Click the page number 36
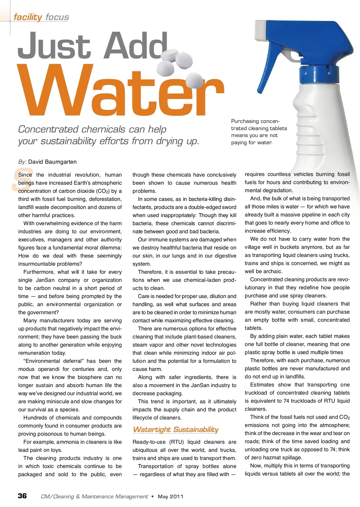coord(22,496)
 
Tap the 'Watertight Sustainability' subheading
coord(175,429)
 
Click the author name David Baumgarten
coord(52,162)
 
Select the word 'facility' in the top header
coord(28,17)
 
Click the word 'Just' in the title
coord(54,46)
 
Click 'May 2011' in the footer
coord(170,497)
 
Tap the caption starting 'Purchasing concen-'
coord(259,132)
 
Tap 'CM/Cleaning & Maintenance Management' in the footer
coord(94,497)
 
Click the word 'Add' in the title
coord(135,46)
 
